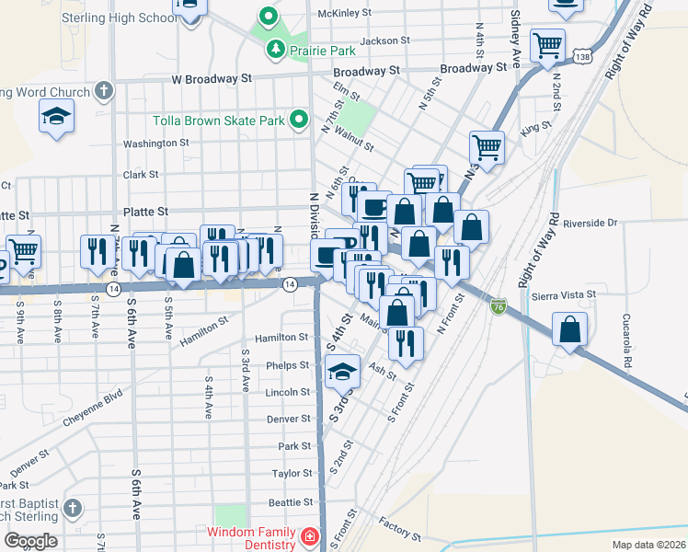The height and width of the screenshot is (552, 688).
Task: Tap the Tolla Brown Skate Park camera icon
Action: [x=299, y=119]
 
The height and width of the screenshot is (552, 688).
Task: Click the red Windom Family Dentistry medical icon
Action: [x=310, y=535]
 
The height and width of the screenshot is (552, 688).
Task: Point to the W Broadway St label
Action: [x=211, y=80]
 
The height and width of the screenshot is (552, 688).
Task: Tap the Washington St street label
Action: [x=155, y=144]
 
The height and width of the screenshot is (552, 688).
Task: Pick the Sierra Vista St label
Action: [x=564, y=294]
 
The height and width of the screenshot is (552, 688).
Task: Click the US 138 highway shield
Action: [x=581, y=58]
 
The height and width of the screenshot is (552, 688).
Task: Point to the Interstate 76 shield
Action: [x=499, y=305]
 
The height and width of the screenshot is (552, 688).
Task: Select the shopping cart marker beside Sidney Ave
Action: [x=548, y=43]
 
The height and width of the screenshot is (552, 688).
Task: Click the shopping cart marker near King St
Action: [x=487, y=145]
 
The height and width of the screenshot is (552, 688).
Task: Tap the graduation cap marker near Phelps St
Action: [x=341, y=372]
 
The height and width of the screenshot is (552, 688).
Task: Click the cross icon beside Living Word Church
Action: [x=104, y=92]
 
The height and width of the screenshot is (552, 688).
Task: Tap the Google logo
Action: [x=30, y=541]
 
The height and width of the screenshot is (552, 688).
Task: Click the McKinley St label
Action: [x=344, y=14]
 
